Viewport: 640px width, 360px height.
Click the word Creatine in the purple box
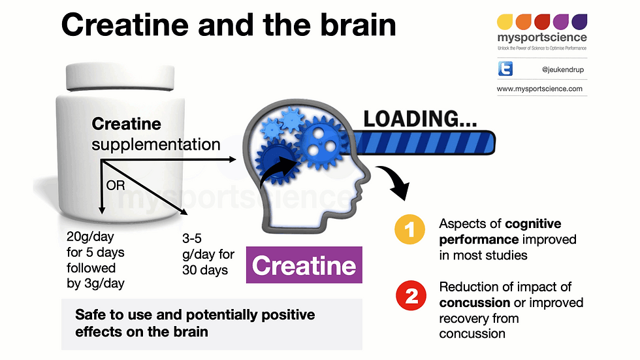304,265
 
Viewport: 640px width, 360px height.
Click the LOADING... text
420,119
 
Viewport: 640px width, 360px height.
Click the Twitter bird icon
505,69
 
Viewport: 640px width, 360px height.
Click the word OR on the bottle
116,185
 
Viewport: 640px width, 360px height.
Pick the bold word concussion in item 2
473,303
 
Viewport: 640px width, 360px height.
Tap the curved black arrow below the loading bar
395,184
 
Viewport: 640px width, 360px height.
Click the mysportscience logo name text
541,38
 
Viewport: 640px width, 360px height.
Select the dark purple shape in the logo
579,21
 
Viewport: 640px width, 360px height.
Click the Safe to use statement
195,323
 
